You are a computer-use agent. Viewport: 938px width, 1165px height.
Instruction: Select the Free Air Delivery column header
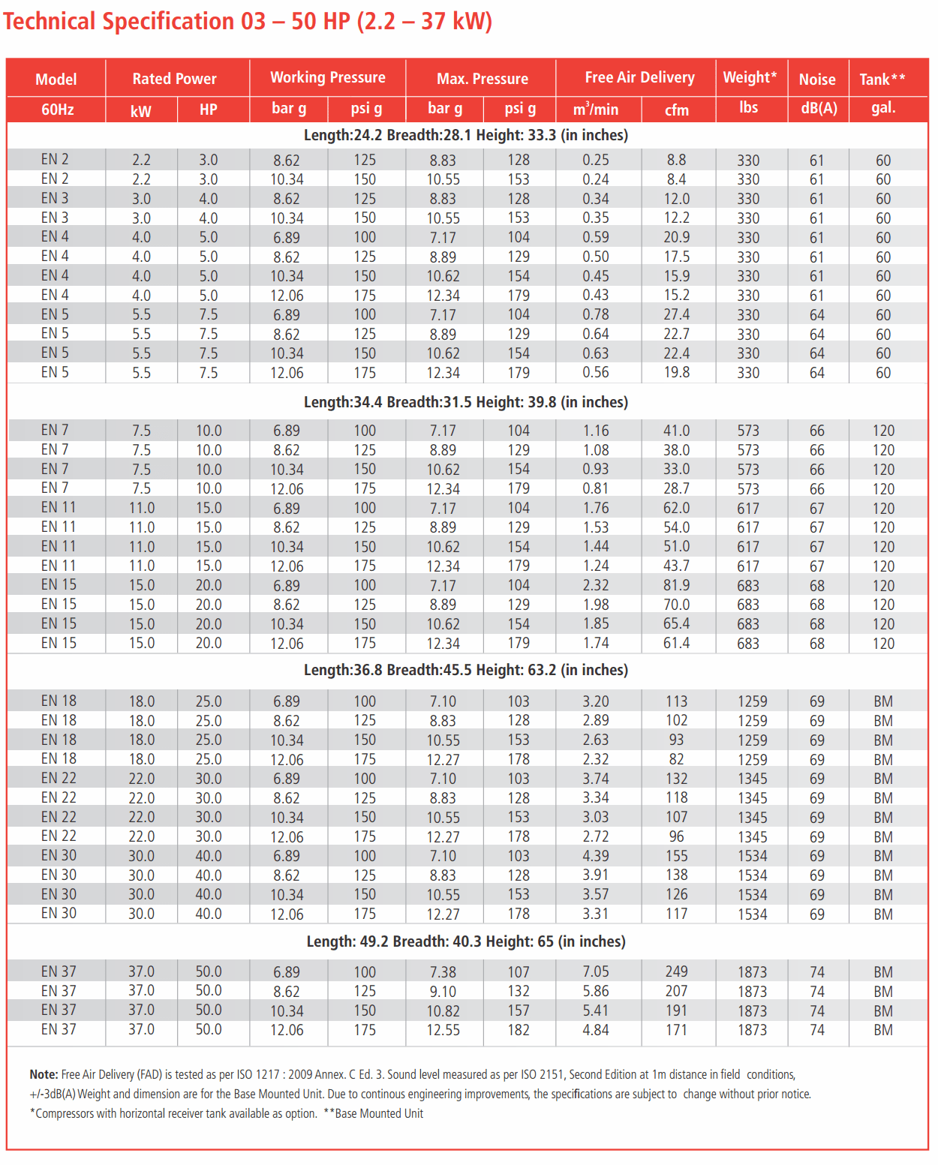coord(639,77)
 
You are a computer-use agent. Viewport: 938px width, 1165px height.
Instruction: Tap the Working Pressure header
coord(327,77)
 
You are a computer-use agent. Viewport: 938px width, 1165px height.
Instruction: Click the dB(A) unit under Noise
coord(819,108)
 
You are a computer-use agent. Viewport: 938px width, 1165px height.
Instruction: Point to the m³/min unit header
coord(596,110)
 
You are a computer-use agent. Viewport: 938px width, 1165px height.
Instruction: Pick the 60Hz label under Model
coord(57,110)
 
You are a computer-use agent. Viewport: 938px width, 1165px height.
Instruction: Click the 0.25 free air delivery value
coord(596,160)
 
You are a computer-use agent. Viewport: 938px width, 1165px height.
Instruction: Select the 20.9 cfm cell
coord(676,237)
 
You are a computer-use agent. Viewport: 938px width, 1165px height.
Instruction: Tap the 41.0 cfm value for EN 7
coord(676,431)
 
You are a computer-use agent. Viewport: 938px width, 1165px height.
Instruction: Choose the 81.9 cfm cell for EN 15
coord(676,585)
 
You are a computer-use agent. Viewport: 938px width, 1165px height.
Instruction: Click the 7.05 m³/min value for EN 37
coord(596,971)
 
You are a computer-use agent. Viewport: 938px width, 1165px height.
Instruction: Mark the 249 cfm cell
coord(676,971)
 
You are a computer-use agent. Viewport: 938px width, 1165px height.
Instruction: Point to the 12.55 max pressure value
coord(443,1030)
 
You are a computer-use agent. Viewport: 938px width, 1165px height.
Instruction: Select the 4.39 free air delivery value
coord(596,856)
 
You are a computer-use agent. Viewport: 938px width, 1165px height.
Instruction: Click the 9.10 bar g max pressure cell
coord(443,991)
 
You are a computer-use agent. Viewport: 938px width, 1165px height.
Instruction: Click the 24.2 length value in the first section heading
coord(368,135)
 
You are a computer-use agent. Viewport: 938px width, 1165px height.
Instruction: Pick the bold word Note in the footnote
coord(43,1074)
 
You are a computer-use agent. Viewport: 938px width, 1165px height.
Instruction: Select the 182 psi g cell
coord(519,1030)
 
